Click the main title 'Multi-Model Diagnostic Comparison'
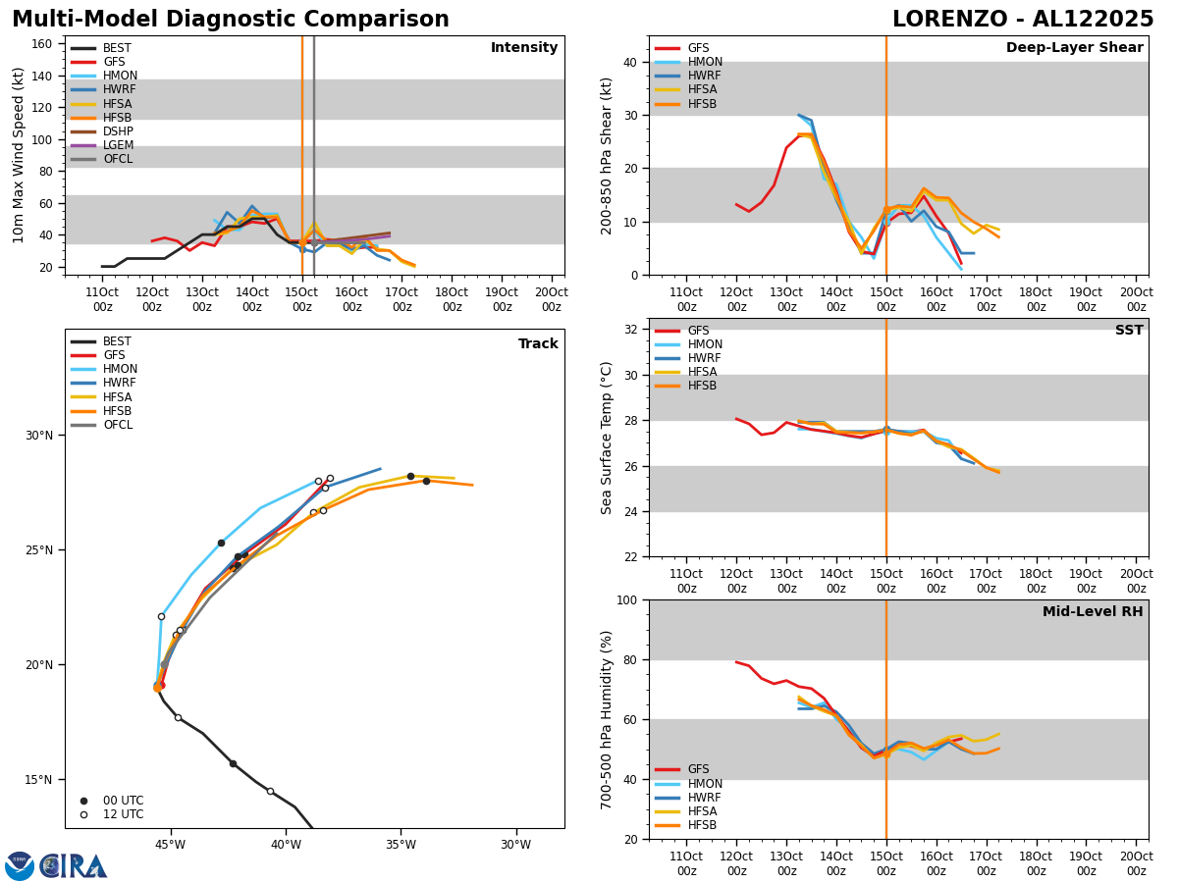tap(231, 20)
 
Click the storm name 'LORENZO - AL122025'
tap(1023, 20)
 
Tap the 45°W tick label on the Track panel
tap(170, 844)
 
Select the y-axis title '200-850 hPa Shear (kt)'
tap(607, 155)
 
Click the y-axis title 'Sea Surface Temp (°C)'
tap(607, 438)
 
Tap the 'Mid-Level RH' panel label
tap(1093, 612)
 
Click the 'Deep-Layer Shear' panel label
tap(1074, 48)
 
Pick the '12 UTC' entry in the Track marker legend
tap(123, 814)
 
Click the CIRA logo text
tap(74, 866)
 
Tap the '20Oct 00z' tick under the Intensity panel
tap(552, 299)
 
